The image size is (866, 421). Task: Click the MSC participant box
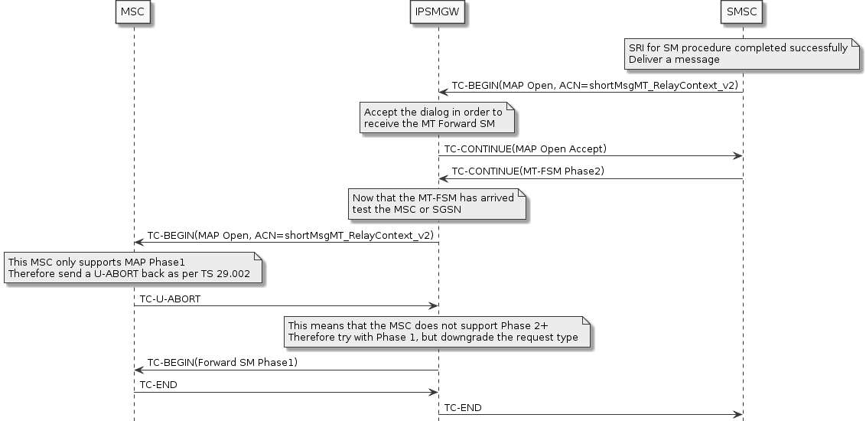[x=133, y=12]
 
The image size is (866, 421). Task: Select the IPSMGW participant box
[x=438, y=12]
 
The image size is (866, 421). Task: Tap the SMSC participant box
[x=742, y=12]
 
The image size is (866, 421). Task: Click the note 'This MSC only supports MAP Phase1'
[x=134, y=268]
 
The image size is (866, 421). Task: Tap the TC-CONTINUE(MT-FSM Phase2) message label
[x=528, y=171]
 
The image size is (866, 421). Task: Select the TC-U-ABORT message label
[x=170, y=299]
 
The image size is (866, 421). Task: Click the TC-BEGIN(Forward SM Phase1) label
[x=223, y=362]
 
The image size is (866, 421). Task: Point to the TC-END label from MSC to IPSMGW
[x=158, y=384]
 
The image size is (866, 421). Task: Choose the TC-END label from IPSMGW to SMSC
[x=463, y=407]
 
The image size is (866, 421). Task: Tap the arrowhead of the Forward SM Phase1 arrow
[x=138, y=370]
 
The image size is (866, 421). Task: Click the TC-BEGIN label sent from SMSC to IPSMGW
[x=594, y=86]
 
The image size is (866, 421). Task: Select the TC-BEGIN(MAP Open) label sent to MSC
[x=290, y=235]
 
